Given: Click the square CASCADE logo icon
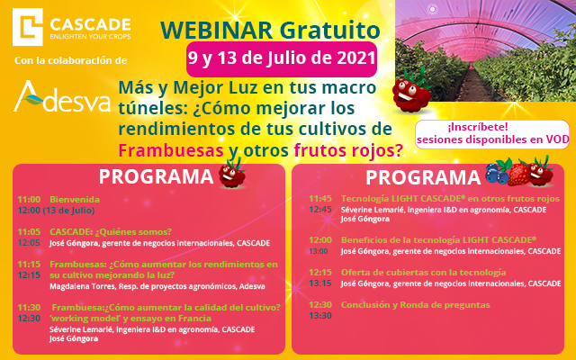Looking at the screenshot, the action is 28,27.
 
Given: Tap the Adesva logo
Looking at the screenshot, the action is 62,96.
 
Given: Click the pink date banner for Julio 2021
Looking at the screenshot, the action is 282,58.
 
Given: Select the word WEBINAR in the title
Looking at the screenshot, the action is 217,30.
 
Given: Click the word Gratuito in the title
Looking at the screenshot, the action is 329,30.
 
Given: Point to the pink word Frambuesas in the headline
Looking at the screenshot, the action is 171,150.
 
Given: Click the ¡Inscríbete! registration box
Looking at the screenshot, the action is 492,134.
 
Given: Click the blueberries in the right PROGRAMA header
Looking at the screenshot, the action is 498,172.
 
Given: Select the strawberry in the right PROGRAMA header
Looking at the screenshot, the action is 518,174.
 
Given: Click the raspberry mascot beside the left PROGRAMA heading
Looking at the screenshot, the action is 232,175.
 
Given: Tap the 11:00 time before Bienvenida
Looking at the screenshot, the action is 29,200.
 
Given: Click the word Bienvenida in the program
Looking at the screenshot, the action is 75,200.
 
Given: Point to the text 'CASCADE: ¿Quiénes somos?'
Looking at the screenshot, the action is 111,232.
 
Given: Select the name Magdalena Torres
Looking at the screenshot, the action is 82,286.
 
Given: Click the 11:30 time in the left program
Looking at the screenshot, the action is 29,308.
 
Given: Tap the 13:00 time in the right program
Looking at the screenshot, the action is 319,251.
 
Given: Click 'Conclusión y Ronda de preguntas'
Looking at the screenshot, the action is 416,305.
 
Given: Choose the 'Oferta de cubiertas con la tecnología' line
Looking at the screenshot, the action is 424,272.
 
